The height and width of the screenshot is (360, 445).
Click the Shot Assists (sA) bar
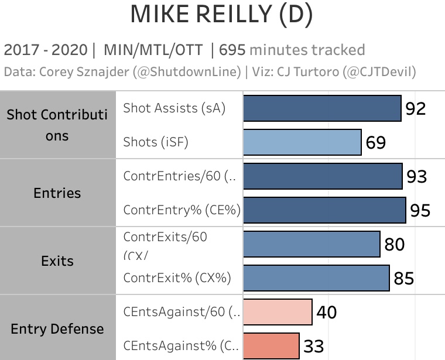[322, 108]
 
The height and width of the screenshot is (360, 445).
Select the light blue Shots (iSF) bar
[302, 142]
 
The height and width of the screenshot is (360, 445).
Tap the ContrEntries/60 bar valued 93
[323, 176]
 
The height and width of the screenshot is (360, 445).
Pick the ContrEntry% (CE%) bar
[324, 210]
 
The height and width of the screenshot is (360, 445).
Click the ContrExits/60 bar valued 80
[311, 244]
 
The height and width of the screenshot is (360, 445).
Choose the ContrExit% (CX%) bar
[316, 278]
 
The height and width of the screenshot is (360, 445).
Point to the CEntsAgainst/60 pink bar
[277, 312]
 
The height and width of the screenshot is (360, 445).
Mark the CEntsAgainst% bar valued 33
[271, 346]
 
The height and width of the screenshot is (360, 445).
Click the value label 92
[415, 108]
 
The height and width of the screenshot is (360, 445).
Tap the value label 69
[376, 142]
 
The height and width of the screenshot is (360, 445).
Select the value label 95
[420, 210]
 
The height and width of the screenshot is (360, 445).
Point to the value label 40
[327, 313]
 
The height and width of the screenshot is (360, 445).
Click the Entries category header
[57, 193]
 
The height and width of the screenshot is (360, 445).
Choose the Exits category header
[57, 260]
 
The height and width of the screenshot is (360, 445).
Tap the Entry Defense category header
[57, 329]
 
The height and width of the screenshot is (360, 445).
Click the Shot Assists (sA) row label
[174, 108]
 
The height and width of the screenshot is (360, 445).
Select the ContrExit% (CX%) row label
[177, 278]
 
